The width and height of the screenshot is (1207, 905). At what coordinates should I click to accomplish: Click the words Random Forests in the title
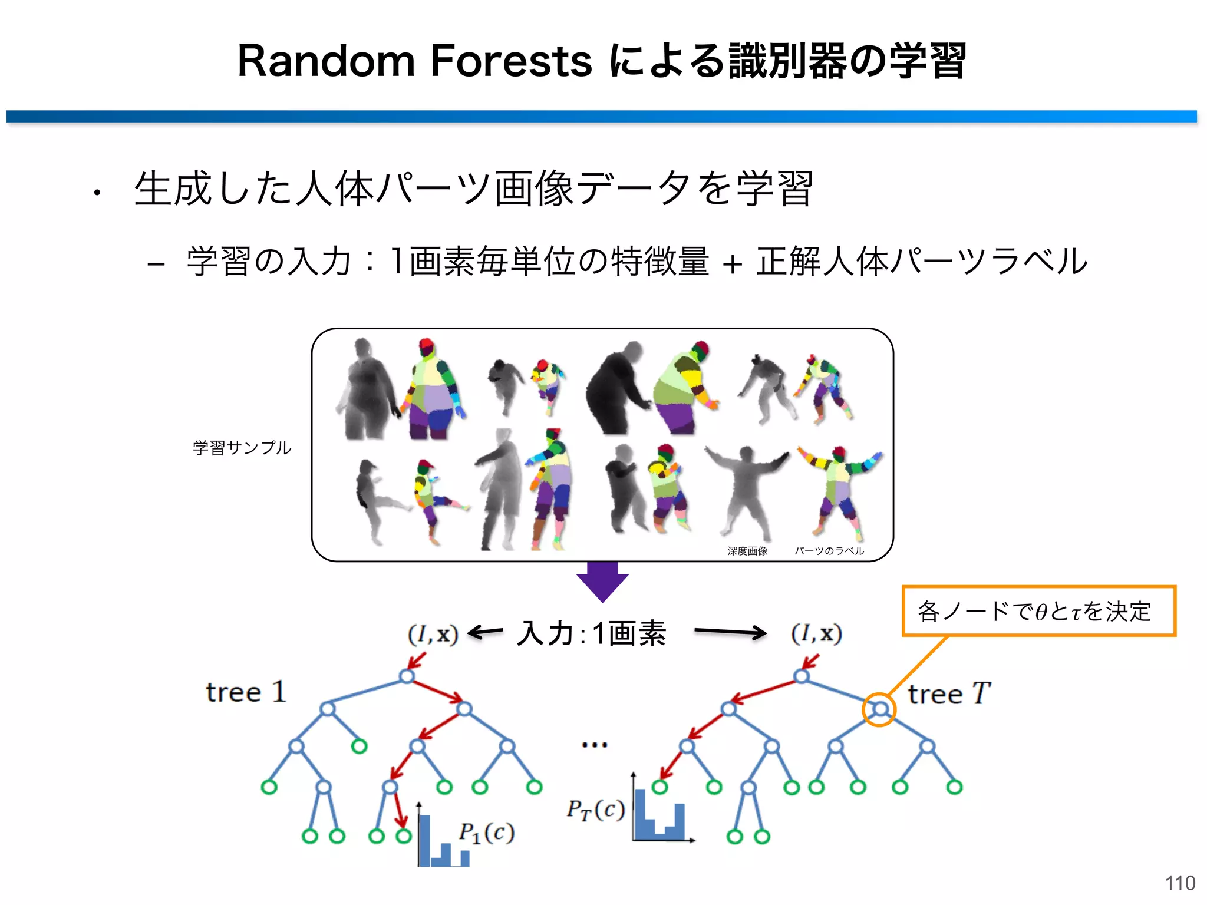coord(414,61)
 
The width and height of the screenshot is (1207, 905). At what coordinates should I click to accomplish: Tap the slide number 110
coord(1180,883)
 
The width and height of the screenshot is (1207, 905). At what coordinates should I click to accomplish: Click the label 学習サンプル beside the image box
coord(242,448)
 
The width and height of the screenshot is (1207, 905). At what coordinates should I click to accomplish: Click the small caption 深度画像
coord(747,551)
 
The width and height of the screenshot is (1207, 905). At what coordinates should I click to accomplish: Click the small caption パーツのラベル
coord(829,551)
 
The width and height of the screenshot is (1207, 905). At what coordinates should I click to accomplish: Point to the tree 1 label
coord(246,692)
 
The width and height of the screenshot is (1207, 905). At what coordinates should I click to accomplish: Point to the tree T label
coord(949,693)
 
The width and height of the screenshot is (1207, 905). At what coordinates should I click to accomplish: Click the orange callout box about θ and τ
coord(1038,611)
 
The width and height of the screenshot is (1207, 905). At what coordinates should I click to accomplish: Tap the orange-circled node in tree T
coord(879,709)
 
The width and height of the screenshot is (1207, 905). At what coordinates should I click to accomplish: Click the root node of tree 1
coord(407,676)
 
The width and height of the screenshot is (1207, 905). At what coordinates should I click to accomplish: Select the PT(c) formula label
coord(595,810)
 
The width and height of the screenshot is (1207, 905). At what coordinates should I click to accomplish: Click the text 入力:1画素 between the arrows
coord(591,634)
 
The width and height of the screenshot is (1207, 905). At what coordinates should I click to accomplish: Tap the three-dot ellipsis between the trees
coord(594,745)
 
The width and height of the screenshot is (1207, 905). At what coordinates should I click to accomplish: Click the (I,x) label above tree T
coord(816,633)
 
